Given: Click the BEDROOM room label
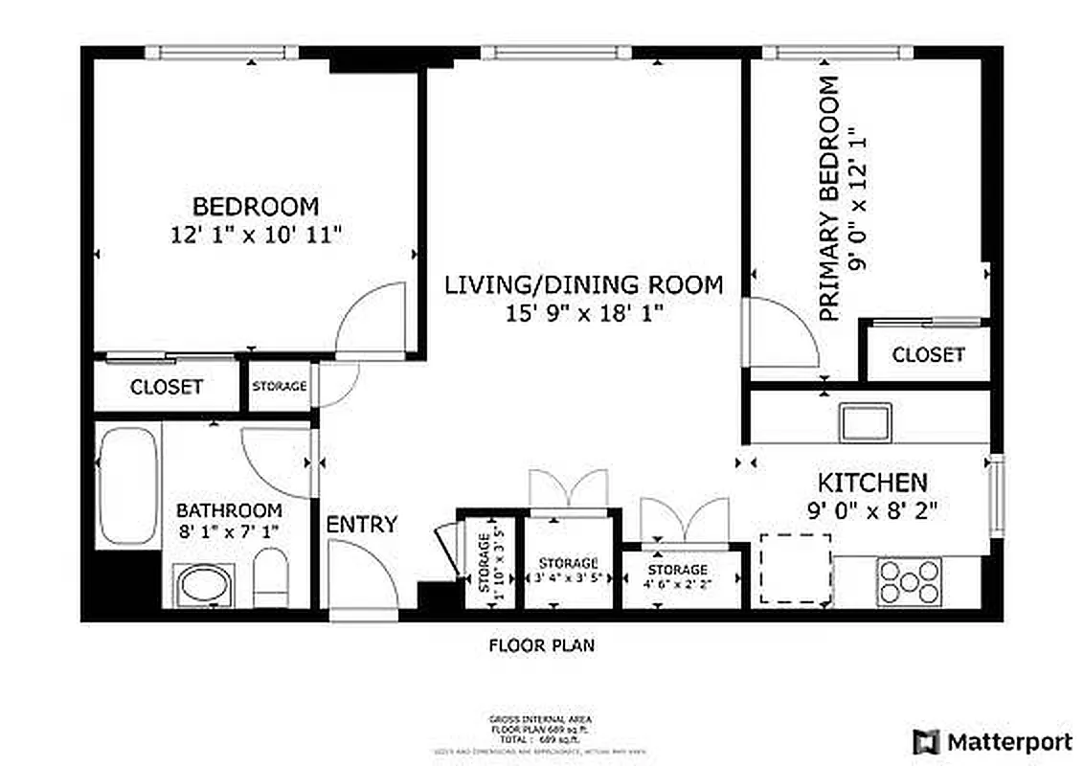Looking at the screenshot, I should [256, 207].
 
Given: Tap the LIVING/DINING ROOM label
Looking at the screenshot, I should [583, 285].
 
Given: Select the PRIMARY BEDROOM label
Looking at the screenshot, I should [829, 198].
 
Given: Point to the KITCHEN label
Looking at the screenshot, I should [871, 483].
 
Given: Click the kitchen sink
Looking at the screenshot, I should [866, 421].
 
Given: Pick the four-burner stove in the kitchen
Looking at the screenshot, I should [909, 580].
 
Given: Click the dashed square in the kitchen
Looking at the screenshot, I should [795, 568].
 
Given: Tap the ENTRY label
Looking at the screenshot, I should [361, 525].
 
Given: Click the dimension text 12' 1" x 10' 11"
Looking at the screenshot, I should [256, 236].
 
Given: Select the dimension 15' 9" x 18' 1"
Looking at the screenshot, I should [584, 312].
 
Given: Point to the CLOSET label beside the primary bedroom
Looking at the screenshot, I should [928, 354].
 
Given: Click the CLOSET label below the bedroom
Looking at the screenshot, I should [167, 387].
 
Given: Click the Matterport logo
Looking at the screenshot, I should [992, 741].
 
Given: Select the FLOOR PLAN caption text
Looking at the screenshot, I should [541, 646].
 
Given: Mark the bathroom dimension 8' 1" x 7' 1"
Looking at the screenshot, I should [229, 529].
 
